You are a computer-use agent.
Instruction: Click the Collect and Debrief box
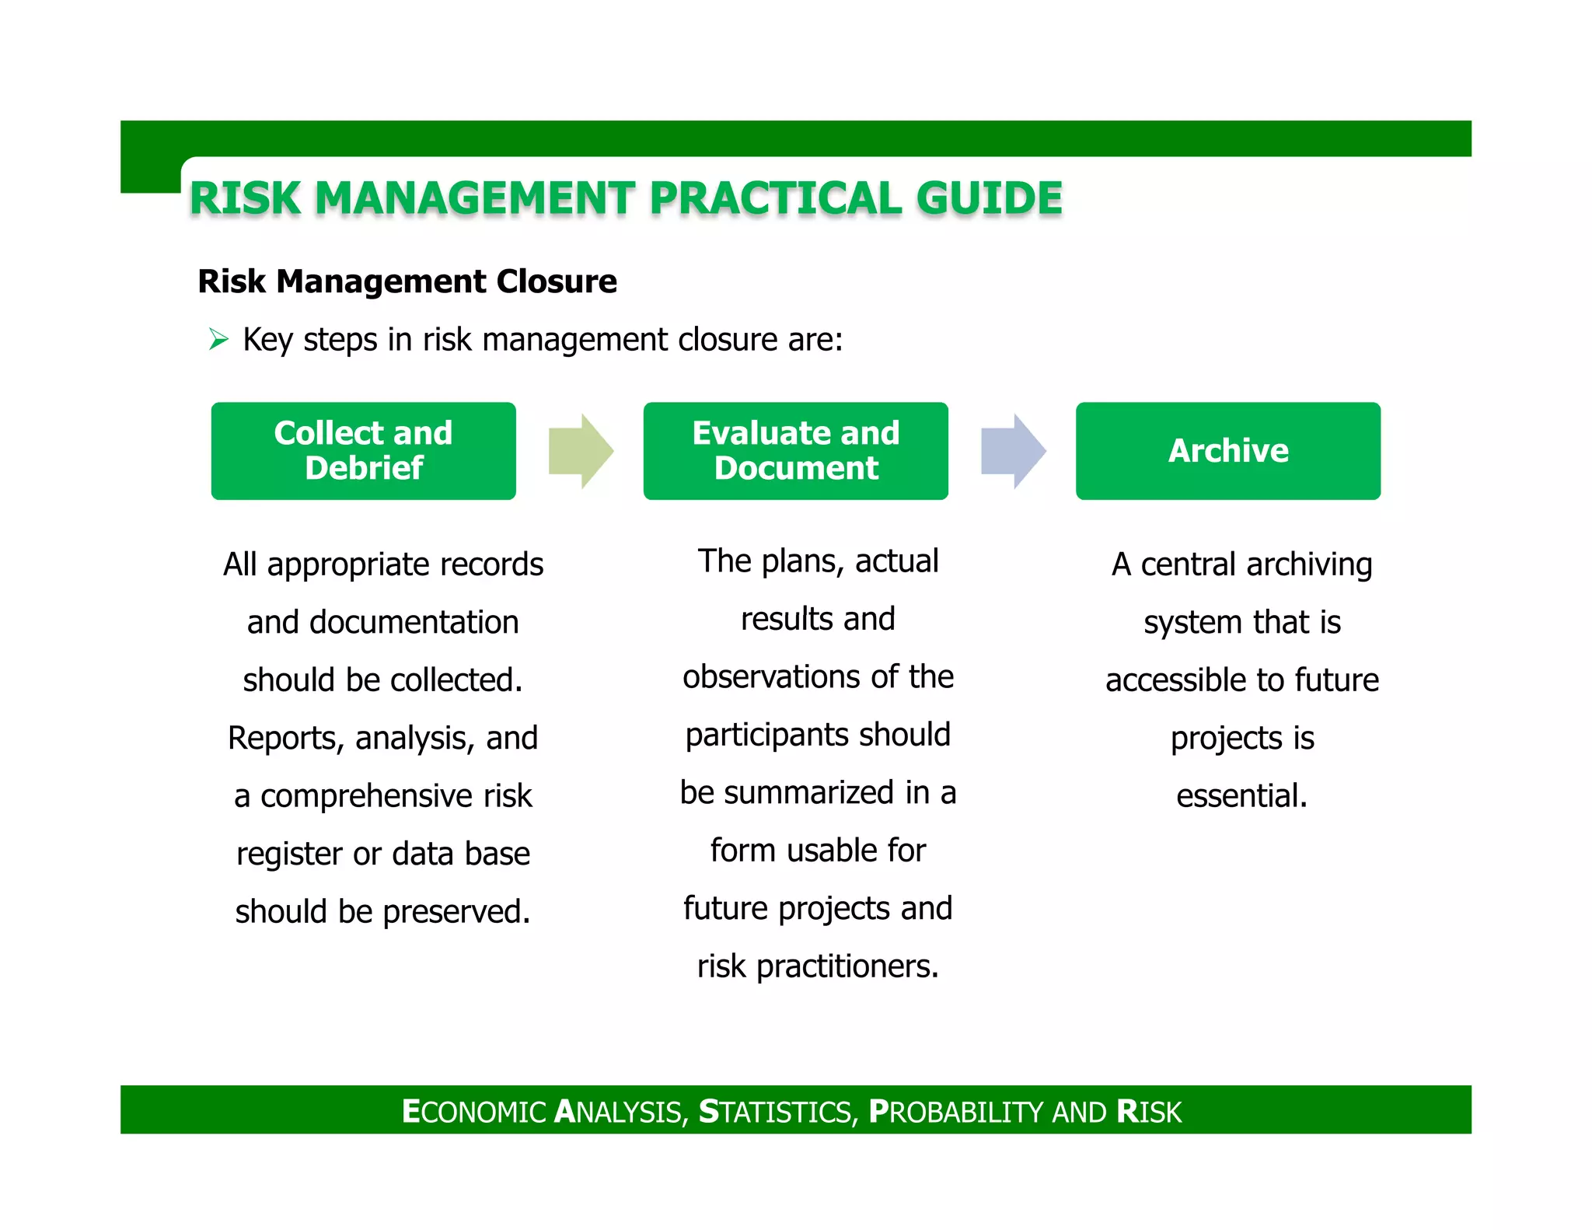(x=363, y=451)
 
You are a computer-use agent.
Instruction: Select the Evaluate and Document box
(x=795, y=451)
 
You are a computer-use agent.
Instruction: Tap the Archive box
(x=1227, y=451)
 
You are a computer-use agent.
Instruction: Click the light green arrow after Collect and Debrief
(x=581, y=451)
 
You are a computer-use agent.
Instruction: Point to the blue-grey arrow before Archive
(x=1013, y=451)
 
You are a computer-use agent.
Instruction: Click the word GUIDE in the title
(x=988, y=198)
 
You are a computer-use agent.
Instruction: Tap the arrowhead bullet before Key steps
(x=218, y=340)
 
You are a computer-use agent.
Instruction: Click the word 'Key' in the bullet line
(x=267, y=341)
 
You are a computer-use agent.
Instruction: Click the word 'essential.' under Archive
(x=1241, y=796)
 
